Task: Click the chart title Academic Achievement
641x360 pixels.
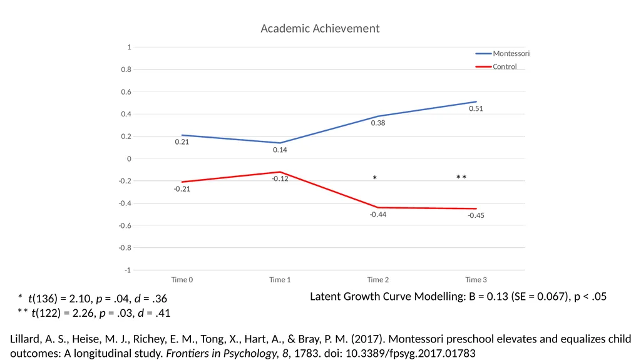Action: (320, 28)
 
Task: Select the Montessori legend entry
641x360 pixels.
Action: (503, 54)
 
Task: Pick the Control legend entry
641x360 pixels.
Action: (496, 67)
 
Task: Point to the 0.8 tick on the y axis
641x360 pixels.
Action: (126, 69)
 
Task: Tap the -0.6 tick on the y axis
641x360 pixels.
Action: (125, 226)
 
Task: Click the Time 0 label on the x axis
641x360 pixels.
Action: (182, 280)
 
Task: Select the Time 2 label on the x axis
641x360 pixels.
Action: (377, 280)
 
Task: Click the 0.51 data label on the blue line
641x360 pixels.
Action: (476, 109)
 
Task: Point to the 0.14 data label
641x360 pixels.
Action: (280, 150)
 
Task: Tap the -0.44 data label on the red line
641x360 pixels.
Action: (378, 215)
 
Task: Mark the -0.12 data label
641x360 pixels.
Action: (280, 179)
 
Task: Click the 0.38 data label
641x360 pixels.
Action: (378, 123)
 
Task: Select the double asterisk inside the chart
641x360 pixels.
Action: (461, 177)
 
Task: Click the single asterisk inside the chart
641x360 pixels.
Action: (375, 178)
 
